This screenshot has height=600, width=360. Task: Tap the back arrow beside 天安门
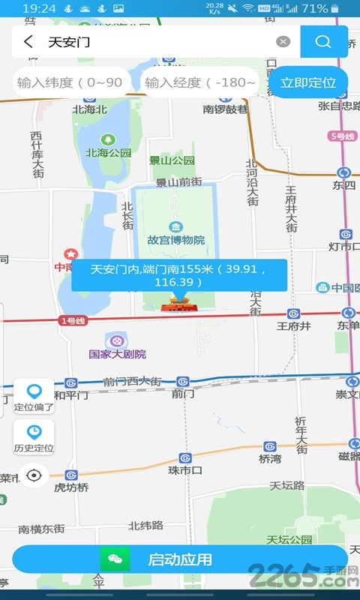pyautogui.click(x=28, y=42)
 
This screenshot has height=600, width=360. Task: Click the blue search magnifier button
pyautogui.click(x=323, y=42)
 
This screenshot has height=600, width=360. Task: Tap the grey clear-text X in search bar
pyautogui.click(x=283, y=42)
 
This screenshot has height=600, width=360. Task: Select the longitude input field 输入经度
pyautogui.click(x=200, y=82)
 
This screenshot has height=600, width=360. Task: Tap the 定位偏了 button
pyautogui.click(x=34, y=397)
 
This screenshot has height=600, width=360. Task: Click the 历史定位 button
pyautogui.click(x=34, y=438)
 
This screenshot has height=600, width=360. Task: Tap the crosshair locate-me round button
pyautogui.click(x=34, y=475)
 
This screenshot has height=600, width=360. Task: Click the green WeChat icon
pyautogui.click(x=115, y=559)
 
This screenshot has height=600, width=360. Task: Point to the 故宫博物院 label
pyautogui.click(x=175, y=240)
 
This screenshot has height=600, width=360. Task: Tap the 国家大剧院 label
pyautogui.click(x=118, y=354)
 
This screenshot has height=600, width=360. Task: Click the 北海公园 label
pyautogui.click(x=108, y=152)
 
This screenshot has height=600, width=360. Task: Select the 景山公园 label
pyautogui.click(x=172, y=160)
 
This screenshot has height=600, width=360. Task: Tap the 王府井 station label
pyautogui.click(x=293, y=325)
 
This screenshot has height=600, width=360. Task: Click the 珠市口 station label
pyautogui.click(x=185, y=470)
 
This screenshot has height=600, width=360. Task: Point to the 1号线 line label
pyautogui.click(x=73, y=320)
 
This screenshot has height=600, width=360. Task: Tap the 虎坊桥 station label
pyautogui.click(x=72, y=487)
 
